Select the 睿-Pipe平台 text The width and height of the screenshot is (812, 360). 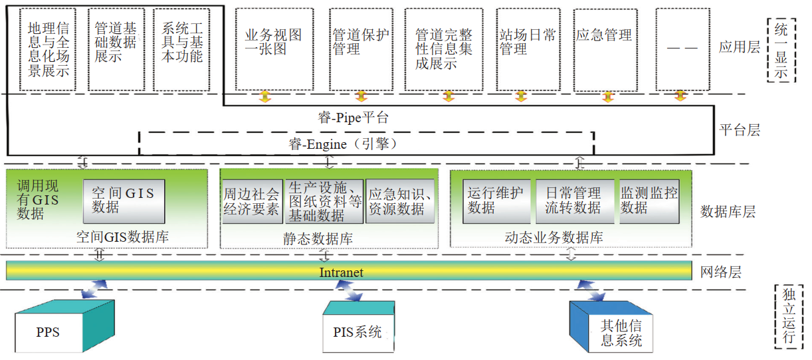pyautogui.click(x=353, y=118)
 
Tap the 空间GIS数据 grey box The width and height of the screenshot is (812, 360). pyautogui.click(x=124, y=201)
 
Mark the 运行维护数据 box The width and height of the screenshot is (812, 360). pyautogui.click(x=496, y=201)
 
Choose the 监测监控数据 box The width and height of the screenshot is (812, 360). pyautogui.click(x=649, y=201)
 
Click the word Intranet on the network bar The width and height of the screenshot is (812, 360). pyautogui.click(x=342, y=272)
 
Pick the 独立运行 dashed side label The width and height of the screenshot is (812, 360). pyautogui.click(x=789, y=315)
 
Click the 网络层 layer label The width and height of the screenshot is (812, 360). pyautogui.click(x=721, y=272)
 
